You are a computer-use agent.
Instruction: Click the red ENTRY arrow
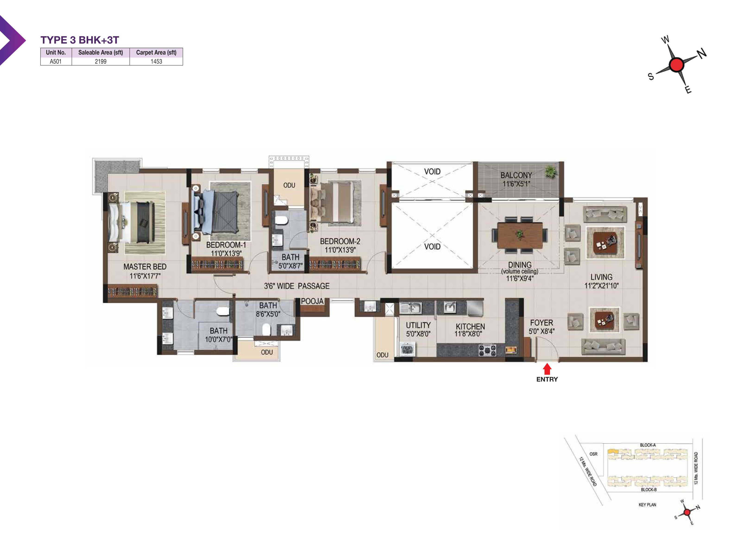(547, 369)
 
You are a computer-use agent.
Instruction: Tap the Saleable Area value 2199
(100, 61)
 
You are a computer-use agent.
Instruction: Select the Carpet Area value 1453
(156, 61)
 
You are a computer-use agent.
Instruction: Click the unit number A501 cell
(56, 61)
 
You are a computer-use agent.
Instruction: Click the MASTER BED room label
(145, 267)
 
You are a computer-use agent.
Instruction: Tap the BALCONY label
(516, 175)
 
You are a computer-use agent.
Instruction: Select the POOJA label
(312, 301)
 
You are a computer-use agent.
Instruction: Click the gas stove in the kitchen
(487, 350)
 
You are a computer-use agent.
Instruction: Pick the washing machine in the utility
(407, 349)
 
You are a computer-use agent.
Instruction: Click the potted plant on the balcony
(550, 172)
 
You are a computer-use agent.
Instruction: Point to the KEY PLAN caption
(647, 505)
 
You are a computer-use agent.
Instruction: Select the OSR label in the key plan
(593, 454)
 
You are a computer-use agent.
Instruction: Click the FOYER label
(541, 323)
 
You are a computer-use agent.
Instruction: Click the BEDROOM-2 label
(340, 241)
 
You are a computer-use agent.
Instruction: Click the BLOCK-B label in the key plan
(649, 490)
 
